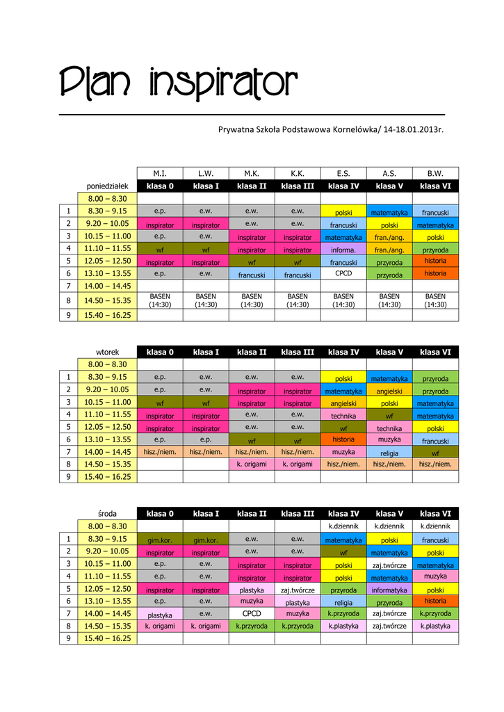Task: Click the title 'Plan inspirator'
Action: point(178,84)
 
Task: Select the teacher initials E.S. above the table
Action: point(343,173)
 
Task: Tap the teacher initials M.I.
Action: point(160,173)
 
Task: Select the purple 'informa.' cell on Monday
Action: point(343,250)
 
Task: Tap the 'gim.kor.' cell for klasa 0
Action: point(160,540)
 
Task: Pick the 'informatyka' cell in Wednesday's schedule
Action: point(389,590)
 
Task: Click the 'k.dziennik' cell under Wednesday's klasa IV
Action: point(343,526)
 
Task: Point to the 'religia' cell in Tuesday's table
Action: point(389,453)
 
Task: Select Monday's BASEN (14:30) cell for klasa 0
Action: point(160,300)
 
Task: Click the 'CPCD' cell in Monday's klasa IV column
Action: point(343,273)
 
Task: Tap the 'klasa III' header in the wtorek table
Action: point(298,352)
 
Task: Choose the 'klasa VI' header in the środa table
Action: point(435,514)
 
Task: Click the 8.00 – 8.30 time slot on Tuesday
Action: point(107,364)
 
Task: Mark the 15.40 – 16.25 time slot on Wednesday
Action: point(107,638)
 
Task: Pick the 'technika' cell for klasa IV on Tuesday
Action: point(343,416)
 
